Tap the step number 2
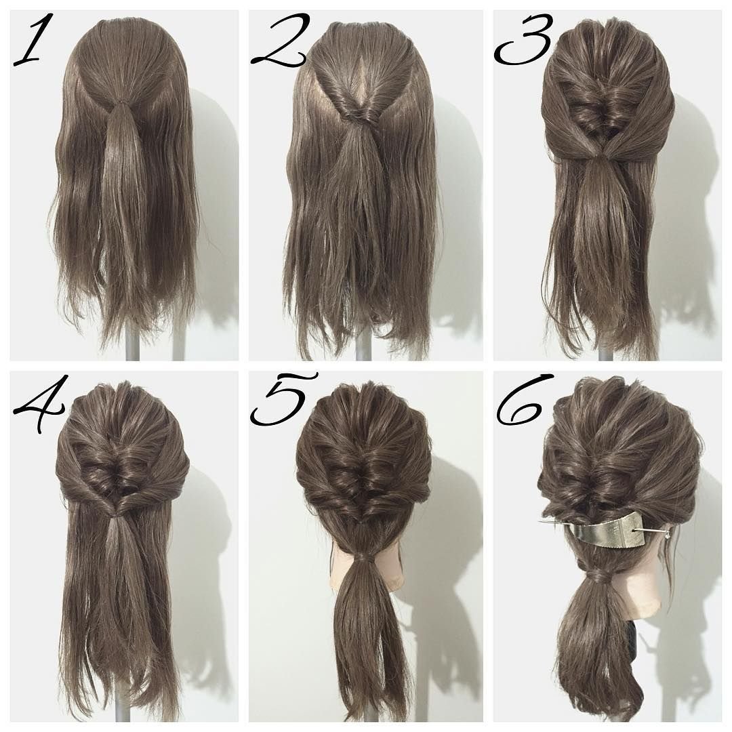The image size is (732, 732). tap(279, 41)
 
